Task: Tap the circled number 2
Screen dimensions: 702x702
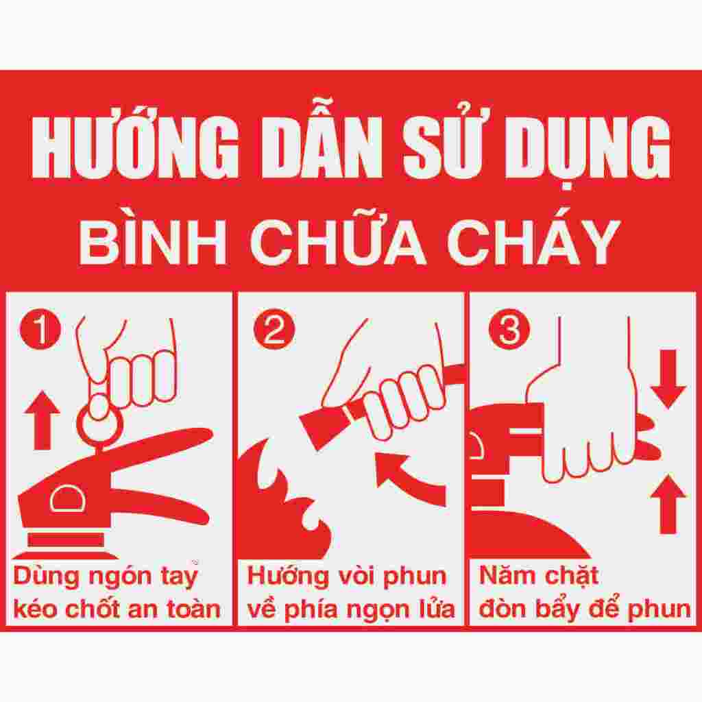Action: tap(271, 330)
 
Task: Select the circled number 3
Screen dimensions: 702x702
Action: tap(508, 330)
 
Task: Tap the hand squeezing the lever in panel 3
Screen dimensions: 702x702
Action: tap(590, 425)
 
